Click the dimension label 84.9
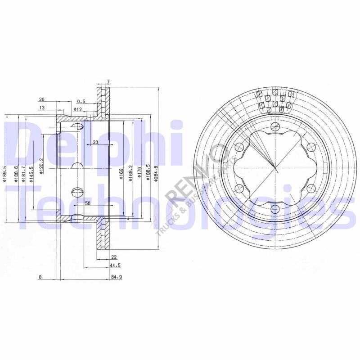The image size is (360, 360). (117, 277)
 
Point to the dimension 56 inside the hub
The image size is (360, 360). (88, 203)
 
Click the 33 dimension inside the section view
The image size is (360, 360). (95, 142)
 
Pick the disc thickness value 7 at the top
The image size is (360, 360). (108, 82)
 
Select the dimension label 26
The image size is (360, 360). (41, 99)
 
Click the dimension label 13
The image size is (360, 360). (41, 108)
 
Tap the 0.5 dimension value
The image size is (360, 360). (81, 101)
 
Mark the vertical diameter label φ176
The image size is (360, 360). (140, 173)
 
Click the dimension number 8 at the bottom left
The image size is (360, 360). (40, 277)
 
